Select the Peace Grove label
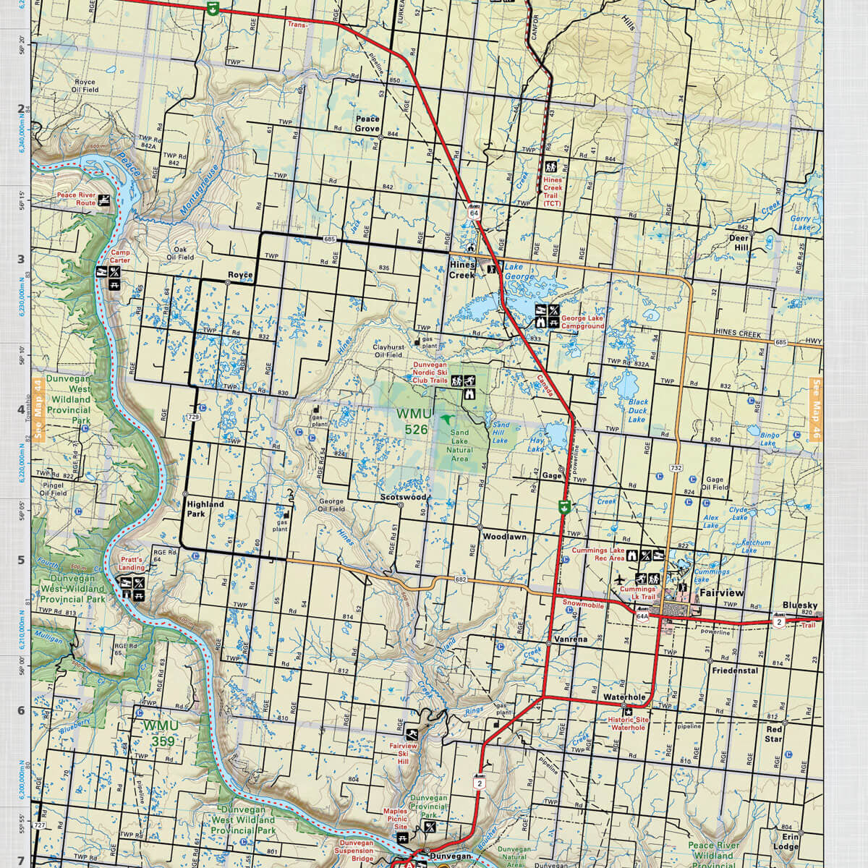pyautogui.click(x=367, y=124)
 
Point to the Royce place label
pyautogui.click(x=240, y=275)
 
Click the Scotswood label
pyautogui.click(x=404, y=498)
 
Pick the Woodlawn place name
pyautogui.click(x=504, y=537)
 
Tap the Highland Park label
pyautogui.click(x=205, y=509)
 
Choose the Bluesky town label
pyautogui.click(x=800, y=605)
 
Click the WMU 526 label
pyautogui.click(x=413, y=421)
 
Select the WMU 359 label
pyautogui.click(x=158, y=732)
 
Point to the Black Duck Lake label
pyautogui.click(x=637, y=410)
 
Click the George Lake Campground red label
pyautogui.click(x=583, y=322)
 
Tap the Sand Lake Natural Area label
pyautogui.click(x=459, y=446)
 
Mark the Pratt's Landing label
pyautogui.click(x=132, y=563)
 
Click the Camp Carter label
pyautogui.click(x=120, y=257)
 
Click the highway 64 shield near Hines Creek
pyautogui.click(x=474, y=213)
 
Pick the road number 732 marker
pyautogui.click(x=676, y=468)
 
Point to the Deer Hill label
pyautogui.click(x=739, y=242)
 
